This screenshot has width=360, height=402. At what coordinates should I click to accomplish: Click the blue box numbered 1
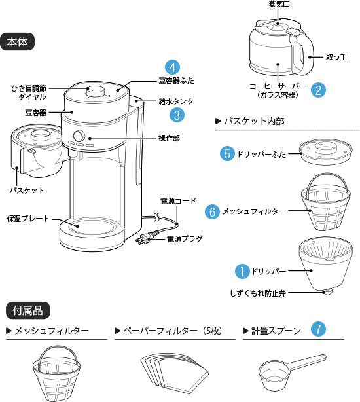(243, 271)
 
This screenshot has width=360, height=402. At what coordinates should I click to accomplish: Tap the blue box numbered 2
(318, 90)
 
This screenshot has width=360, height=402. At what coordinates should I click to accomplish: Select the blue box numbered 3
(177, 115)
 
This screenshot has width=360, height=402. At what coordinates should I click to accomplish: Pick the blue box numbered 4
(171, 67)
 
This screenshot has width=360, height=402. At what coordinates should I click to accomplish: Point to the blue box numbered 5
(227, 154)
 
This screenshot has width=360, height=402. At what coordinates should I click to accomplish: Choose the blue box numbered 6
(211, 212)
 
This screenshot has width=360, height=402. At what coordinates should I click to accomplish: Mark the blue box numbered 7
(317, 329)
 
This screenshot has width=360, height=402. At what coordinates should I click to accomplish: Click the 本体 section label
(18, 42)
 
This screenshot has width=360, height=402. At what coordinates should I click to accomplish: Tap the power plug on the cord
(147, 238)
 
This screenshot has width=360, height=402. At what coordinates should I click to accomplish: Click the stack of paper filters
(173, 373)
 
